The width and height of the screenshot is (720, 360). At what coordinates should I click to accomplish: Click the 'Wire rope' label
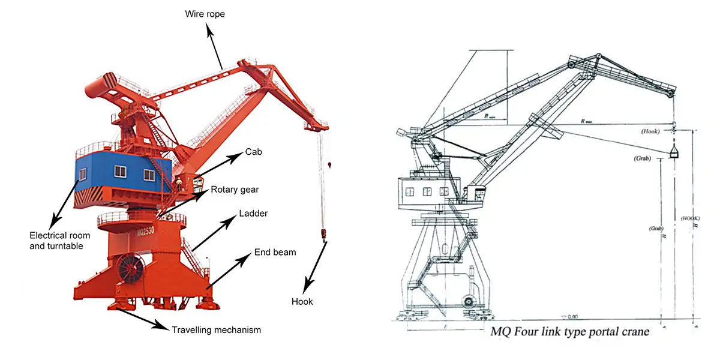pos(205,13)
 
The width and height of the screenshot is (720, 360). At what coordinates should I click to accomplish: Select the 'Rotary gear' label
pos(235,190)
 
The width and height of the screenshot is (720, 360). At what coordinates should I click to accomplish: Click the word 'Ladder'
pos(253,214)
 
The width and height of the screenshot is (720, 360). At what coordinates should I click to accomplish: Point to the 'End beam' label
pos(275,252)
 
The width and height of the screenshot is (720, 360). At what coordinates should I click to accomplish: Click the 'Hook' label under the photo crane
pos(302,301)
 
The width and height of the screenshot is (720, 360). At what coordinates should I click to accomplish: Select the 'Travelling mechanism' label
pos(216,329)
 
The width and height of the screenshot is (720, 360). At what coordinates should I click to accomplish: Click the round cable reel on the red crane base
pos(132,268)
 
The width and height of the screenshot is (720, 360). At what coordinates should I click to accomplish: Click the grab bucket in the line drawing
pos(674,152)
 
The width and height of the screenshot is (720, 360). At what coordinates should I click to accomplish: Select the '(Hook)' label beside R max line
pos(651,130)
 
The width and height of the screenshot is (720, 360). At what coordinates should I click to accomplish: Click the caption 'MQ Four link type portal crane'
pos(570,331)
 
